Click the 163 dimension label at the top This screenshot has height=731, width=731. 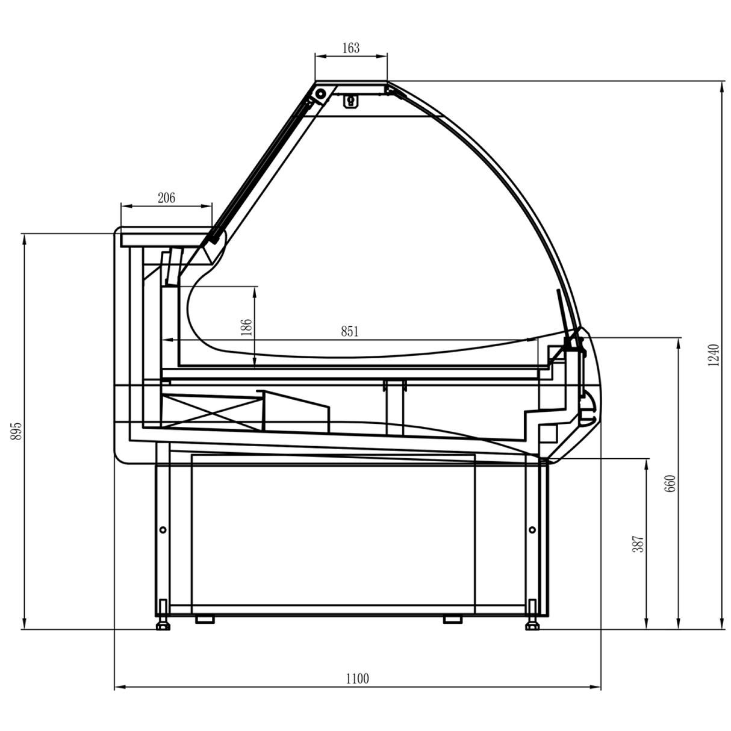point(350,48)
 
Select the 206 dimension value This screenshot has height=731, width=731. point(166,198)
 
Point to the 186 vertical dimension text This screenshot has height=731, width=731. point(246,328)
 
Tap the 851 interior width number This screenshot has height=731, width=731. point(350,331)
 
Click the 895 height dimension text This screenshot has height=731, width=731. point(17,431)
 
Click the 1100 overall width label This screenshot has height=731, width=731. point(357,679)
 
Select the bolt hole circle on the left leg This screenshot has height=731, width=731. point(163,530)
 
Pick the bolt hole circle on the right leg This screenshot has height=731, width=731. point(532,530)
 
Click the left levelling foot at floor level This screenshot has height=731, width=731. point(163,625)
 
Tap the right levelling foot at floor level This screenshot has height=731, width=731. point(532,625)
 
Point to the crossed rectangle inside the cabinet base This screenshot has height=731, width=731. point(211,412)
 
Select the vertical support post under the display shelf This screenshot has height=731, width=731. point(394,406)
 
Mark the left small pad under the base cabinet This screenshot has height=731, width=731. point(205,619)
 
